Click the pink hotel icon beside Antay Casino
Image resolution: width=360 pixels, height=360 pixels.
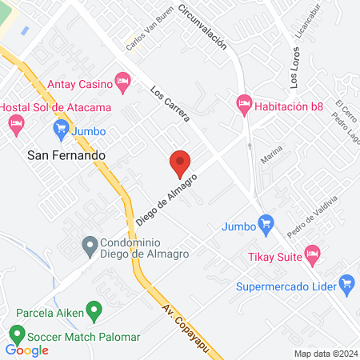coord(122,80)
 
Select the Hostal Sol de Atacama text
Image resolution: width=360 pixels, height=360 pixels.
coord(44,107)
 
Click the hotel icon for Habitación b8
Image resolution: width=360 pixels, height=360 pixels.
coord(243,103)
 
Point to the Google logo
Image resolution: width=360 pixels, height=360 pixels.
coord(26,350)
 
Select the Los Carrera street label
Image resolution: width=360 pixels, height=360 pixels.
coord(170,103)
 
